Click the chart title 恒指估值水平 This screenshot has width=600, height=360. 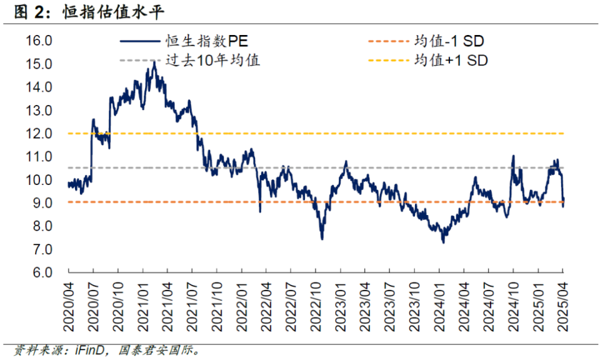[x=116, y=12]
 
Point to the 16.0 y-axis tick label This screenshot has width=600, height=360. [x=39, y=41]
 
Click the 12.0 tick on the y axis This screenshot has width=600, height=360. [x=39, y=134]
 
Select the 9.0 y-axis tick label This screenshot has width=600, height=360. [x=39, y=203]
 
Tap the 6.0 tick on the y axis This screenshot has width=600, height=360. [x=39, y=272]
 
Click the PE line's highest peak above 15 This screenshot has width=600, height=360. [x=154, y=62]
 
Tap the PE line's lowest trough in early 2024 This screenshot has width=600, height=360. [x=443, y=242]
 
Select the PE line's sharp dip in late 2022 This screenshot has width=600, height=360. [x=322, y=239]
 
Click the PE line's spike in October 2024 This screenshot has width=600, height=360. [x=513, y=156]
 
